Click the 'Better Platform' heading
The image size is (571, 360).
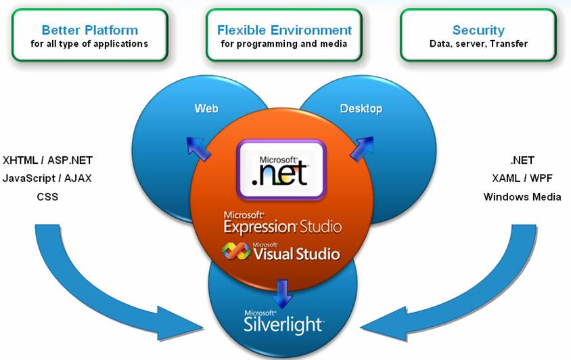pyautogui.click(x=89, y=30)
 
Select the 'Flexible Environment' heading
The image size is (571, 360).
pyautogui.click(x=284, y=30)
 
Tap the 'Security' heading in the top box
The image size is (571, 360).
pyautogui.click(x=478, y=30)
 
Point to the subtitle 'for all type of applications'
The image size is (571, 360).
pyautogui.click(x=89, y=44)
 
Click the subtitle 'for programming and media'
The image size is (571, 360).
pyautogui.click(x=284, y=44)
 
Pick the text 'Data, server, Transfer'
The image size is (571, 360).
pyautogui.click(x=478, y=44)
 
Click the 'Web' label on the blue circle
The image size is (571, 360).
pyautogui.click(x=206, y=108)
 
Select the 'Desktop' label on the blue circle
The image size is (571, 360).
pyautogui.click(x=361, y=108)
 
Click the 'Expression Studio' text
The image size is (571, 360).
pyautogui.click(x=283, y=225)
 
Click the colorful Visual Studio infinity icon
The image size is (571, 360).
pyautogui.click(x=237, y=252)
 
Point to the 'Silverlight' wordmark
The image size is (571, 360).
pyautogui.click(x=283, y=324)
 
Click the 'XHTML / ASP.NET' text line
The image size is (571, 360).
pyautogui.click(x=47, y=160)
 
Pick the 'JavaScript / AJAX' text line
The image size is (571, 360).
pyautogui.click(x=47, y=179)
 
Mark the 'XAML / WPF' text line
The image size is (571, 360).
pyautogui.click(x=522, y=179)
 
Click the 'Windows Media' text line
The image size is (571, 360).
pyautogui.click(x=522, y=197)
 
